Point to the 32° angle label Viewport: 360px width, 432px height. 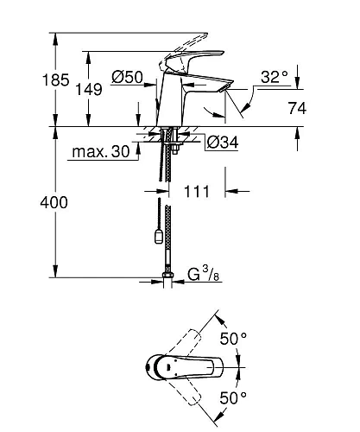tap(274, 77)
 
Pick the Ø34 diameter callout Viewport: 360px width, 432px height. tap(223, 143)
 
